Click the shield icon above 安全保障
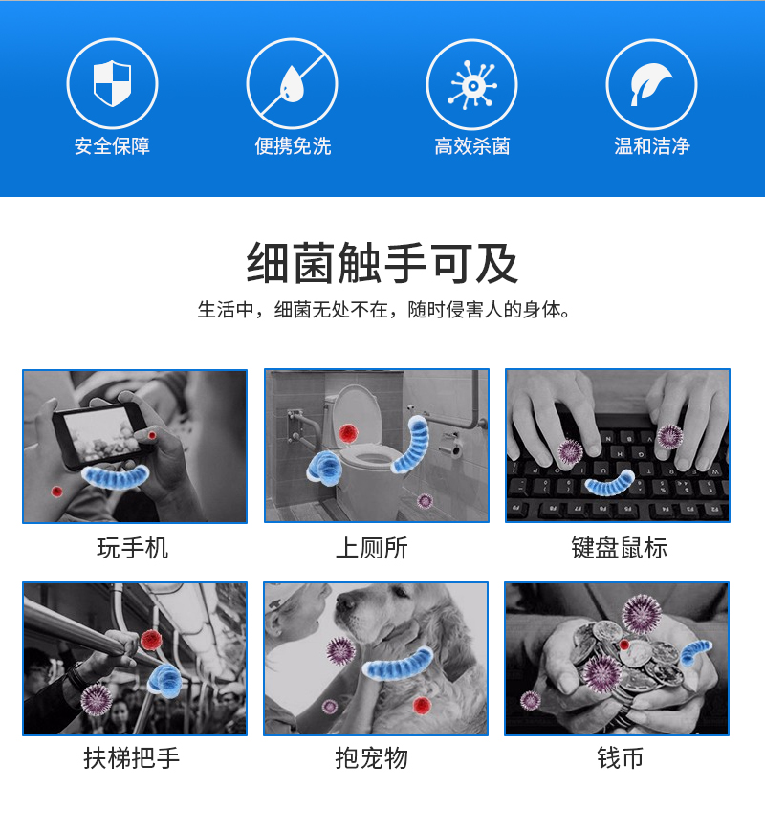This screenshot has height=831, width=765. (113, 82)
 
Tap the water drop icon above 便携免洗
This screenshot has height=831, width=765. (292, 84)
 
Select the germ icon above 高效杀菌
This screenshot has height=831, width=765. (471, 85)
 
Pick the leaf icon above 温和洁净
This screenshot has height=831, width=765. (650, 84)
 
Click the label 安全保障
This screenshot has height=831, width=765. (113, 145)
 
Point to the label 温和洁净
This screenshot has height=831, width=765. (652, 145)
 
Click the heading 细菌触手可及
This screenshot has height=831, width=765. (382, 263)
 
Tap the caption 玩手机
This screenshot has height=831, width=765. (133, 548)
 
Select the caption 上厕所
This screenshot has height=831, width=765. (372, 548)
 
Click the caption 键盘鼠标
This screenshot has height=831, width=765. (620, 548)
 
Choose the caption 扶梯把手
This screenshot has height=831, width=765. (131, 758)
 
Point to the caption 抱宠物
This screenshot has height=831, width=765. (372, 758)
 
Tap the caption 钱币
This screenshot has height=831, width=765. (621, 758)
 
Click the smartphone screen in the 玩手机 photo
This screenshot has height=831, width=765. (99, 434)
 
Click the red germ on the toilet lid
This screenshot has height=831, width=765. (348, 433)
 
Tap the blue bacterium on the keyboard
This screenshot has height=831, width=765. (610, 482)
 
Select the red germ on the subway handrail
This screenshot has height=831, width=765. (151, 640)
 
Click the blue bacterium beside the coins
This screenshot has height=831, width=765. (695, 652)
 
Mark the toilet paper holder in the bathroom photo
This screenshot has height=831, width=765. (450, 446)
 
